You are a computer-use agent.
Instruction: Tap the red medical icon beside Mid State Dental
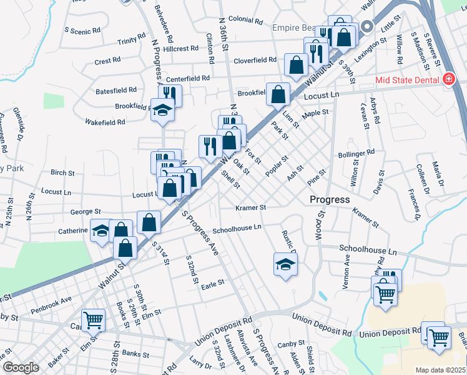pyautogui.click(x=448, y=79)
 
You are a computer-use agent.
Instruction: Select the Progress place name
pyautogui.click(x=330, y=199)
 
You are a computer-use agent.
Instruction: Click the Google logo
pyautogui.click(x=21, y=367)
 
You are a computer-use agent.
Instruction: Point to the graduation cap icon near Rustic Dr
pyautogui.click(x=285, y=264)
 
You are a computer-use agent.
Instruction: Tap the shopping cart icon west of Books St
pyautogui.click(x=93, y=320)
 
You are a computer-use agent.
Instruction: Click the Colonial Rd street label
pyautogui.click(x=245, y=20)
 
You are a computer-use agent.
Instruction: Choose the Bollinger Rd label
pyautogui.click(x=356, y=152)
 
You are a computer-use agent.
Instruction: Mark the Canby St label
pyautogui.click(x=291, y=344)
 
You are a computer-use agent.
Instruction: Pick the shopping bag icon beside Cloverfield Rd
pyautogui.click(x=296, y=64)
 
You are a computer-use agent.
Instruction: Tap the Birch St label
pyautogui.click(x=62, y=172)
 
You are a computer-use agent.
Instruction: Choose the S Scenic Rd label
pyautogui.click(x=82, y=31)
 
